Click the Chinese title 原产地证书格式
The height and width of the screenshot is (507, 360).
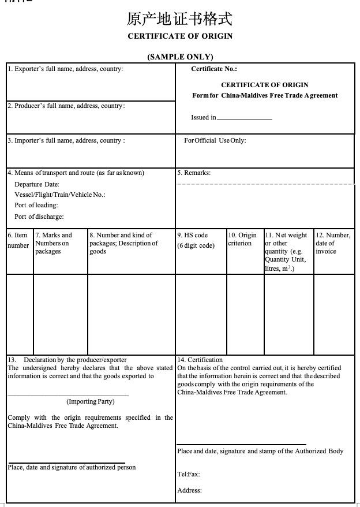coord(179,20)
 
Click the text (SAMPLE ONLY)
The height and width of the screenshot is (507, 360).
coord(180,57)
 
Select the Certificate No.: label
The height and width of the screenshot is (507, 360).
coord(214,69)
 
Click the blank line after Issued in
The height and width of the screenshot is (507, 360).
coord(244,118)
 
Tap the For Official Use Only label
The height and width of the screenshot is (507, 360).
coord(215,140)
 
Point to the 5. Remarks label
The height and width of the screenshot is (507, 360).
coord(194,173)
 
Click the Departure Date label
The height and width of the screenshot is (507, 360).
coord(37,184)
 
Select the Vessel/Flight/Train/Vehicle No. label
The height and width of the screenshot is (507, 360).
coord(60,195)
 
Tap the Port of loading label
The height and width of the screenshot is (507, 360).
coord(36,205)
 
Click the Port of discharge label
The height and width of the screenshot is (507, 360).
coord(39,217)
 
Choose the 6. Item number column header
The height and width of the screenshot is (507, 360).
coord(18,240)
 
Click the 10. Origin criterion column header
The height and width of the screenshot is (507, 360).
coord(242,239)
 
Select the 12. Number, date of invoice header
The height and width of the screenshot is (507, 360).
coord(333,243)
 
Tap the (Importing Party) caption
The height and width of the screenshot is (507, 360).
coord(91,401)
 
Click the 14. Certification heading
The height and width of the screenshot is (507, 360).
coord(200,360)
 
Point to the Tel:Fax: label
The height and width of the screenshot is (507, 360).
coord(189,474)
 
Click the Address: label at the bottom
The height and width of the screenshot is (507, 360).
coord(190,490)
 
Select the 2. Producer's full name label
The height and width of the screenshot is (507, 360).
coord(66,106)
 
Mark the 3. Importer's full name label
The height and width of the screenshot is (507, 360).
coord(66,140)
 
